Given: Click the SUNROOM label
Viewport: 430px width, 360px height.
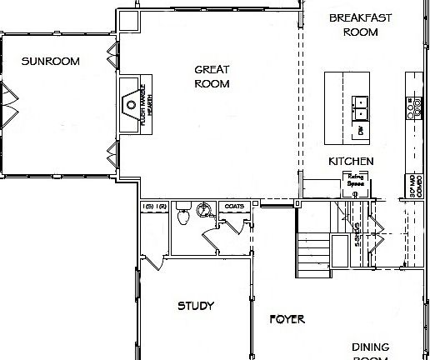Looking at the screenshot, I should tap(50, 61).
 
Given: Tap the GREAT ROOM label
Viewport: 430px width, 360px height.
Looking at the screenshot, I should tap(212, 77).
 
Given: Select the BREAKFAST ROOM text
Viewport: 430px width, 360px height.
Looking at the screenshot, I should tap(353, 25).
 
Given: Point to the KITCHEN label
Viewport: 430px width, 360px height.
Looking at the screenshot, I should tap(350, 161).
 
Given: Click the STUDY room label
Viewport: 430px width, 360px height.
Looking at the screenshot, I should tap(196, 306).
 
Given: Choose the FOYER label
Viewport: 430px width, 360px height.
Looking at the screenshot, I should tap(287, 319).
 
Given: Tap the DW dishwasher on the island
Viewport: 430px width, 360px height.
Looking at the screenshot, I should tap(362, 130).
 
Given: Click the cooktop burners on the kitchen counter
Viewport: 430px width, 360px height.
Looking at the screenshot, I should tap(411, 107).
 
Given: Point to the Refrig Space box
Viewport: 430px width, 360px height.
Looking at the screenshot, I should tap(356, 182).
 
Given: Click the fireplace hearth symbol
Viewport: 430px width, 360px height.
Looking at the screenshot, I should tap(131, 105).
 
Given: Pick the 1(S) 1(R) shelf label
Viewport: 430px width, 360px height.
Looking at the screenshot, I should tap(154, 206).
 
